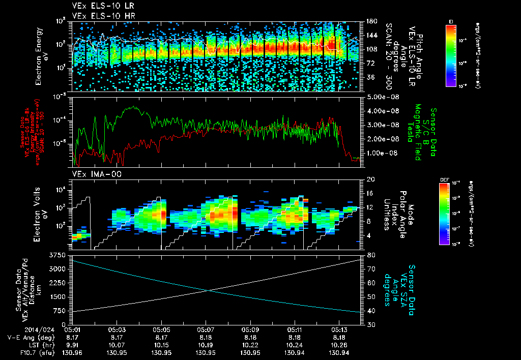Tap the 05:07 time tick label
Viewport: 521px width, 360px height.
point(206,329)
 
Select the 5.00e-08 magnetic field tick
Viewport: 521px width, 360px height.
point(381,97)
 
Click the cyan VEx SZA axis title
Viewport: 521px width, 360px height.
point(400,286)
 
